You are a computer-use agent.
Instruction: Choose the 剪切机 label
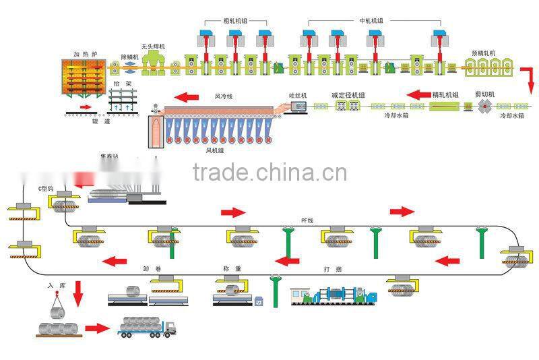tap(485, 95)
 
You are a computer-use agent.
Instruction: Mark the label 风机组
tap(216, 151)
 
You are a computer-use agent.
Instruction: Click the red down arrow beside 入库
tap(79, 292)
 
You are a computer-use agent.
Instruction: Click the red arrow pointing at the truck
tap(97, 328)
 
